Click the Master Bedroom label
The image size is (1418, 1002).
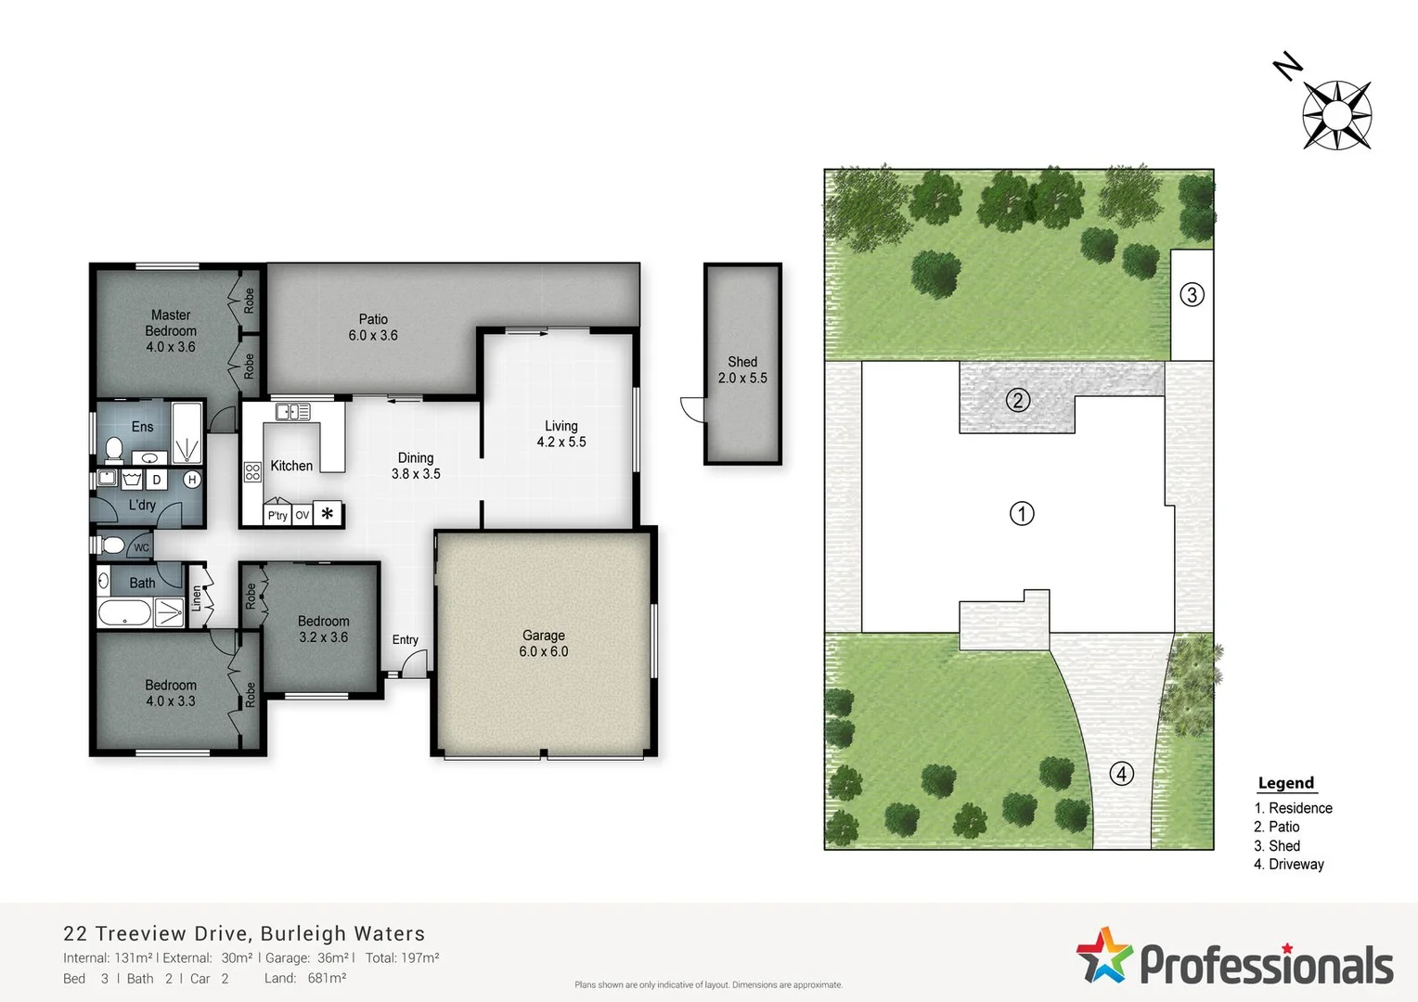point(171,323)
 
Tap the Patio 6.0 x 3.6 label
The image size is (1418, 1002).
point(373,328)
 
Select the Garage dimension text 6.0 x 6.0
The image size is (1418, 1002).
point(544,652)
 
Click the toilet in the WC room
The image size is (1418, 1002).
point(112,546)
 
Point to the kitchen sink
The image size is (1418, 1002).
point(292,412)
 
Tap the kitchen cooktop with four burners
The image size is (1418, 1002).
point(252,472)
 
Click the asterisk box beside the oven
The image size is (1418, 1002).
point(328,513)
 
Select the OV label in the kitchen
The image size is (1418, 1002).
point(302,516)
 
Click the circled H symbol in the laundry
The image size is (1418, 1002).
point(192,480)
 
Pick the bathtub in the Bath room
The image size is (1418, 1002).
point(124,613)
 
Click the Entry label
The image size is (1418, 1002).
point(405,640)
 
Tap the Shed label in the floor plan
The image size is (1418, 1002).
point(742,362)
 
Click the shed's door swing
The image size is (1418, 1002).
point(692,408)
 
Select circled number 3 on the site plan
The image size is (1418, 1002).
point(1192,295)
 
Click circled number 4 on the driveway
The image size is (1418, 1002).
point(1121,774)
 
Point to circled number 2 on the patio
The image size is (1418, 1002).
point(1018,401)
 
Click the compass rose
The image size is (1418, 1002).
point(1336,115)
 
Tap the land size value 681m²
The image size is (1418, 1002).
point(327,978)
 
